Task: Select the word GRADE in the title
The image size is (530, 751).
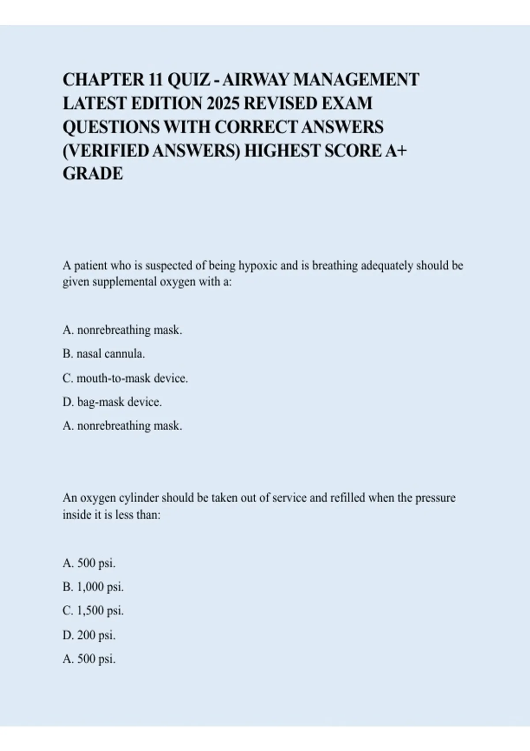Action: pos(93,174)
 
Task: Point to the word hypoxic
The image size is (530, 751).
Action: pos(258,266)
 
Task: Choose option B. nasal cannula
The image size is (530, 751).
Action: pos(104,354)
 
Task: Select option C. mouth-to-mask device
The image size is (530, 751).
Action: pos(125,378)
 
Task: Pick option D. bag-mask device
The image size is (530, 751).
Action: pos(112,402)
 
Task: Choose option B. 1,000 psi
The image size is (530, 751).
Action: pos(93,587)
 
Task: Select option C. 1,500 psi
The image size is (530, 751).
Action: pos(93,611)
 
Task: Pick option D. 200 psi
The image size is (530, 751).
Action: pos(89,635)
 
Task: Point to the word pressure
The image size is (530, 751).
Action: pos(435,498)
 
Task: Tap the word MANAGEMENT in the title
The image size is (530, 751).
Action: pos(356,80)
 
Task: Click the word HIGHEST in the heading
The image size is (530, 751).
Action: pos(283,151)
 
